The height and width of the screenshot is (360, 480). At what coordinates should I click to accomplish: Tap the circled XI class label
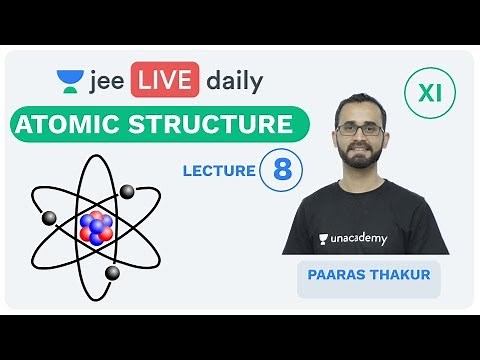429,95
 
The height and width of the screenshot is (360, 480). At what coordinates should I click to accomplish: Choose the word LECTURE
219,171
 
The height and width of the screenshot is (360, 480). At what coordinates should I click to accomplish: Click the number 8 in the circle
282,170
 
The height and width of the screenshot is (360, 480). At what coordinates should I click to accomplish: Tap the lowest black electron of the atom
112,272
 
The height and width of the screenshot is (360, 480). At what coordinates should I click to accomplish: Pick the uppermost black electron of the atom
128,190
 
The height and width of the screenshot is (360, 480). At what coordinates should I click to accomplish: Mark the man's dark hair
363,106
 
